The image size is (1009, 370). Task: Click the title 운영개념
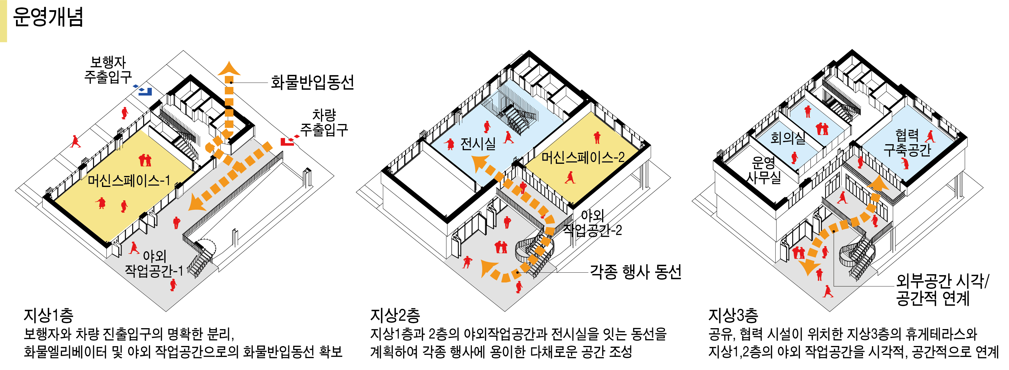point(48,17)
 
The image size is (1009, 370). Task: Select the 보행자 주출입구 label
point(108,70)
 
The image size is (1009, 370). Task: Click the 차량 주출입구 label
point(324,122)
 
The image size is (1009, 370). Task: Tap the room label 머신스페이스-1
point(128,181)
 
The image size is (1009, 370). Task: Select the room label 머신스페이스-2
point(583,158)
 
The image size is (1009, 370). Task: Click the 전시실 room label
point(478,144)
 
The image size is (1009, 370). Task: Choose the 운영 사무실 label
point(763,170)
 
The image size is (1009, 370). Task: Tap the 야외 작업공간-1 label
point(154,263)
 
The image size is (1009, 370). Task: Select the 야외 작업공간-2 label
point(592,223)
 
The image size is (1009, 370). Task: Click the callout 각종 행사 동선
point(635,271)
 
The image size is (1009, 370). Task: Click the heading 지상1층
point(48,315)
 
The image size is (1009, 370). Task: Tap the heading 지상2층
point(395,315)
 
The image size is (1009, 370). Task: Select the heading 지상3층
point(733,315)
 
